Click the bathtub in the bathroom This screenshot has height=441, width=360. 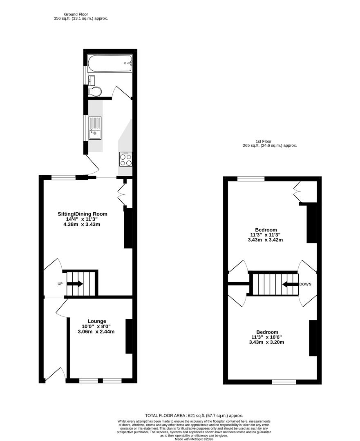tap(110, 63)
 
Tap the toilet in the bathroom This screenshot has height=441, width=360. tap(95, 91)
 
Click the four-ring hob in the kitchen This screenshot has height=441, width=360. tap(126, 159)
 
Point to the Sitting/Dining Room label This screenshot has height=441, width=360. tap(83, 214)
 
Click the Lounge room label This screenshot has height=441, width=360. tap(96, 321)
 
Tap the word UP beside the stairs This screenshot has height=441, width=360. tap(60, 284)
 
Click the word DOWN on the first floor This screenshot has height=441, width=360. tap(305, 284)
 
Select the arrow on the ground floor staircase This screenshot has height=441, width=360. tap(78, 284)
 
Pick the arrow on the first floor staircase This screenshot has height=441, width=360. tap(288, 284)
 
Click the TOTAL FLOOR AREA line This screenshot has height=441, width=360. tap(194, 415)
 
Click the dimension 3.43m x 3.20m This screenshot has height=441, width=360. tap(266, 342)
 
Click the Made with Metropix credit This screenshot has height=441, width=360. tap(194, 439)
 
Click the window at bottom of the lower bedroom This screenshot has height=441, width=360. tap(284, 382)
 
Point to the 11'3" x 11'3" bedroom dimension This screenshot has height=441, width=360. tap(265, 235)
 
